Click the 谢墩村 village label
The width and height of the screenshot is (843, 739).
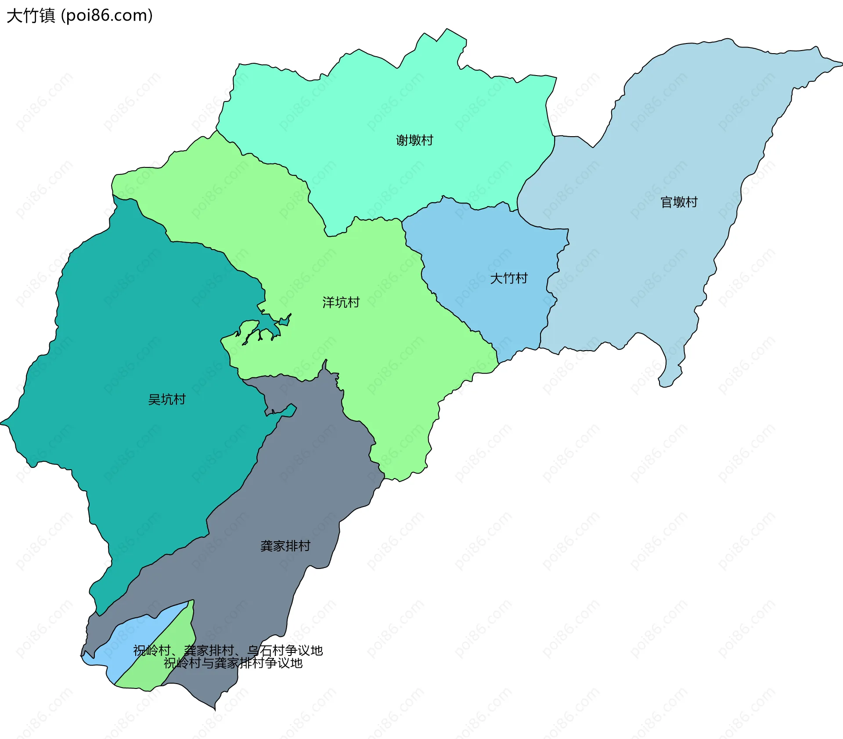[414, 140]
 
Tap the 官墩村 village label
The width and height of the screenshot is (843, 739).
[679, 202]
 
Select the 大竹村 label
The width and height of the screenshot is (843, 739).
[508, 278]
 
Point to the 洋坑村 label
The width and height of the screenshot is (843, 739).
[341, 302]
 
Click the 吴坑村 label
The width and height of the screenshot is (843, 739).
[167, 399]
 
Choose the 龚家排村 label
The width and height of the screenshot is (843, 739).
[285, 546]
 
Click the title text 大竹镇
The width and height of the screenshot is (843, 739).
[31, 16]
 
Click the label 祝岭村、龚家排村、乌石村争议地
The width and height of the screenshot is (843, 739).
[228, 650]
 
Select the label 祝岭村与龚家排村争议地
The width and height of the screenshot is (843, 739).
[233, 663]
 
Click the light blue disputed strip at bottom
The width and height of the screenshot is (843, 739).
[132, 633]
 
